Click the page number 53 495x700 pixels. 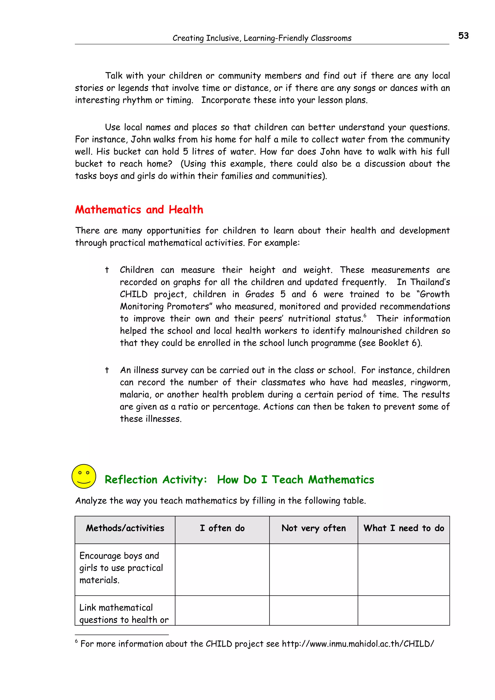pos(463,36)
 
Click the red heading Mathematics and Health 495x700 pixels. pos(139,209)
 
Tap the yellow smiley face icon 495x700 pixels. pos(84,476)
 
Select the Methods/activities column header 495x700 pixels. pos(125,528)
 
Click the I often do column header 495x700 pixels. pos(222,528)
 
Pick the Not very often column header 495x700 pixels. pos(313,528)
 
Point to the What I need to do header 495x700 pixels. pos(403,528)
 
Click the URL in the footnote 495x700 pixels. pos(358,643)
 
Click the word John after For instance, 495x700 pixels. pos(141,139)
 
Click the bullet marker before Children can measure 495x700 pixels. pos(107,270)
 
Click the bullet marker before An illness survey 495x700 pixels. pos(107,370)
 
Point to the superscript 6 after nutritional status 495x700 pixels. pos(365,316)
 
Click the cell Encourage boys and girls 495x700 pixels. pos(121,568)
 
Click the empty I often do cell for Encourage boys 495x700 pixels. pos(222,569)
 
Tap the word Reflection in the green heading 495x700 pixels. pos(131,479)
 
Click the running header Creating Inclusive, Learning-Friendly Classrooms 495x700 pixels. pos(262,38)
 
